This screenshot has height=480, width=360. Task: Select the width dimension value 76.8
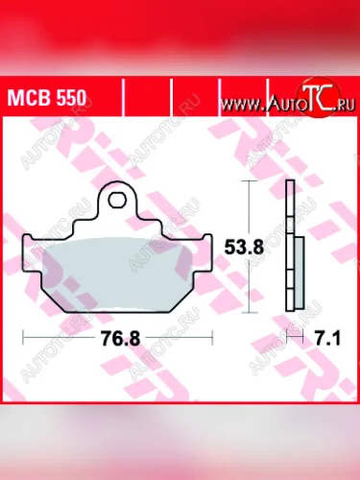click(114, 338)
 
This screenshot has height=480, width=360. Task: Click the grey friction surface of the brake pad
click(116, 264)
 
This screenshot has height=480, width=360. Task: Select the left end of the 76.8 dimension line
click(26, 338)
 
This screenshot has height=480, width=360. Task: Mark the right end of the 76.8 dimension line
click(208, 338)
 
